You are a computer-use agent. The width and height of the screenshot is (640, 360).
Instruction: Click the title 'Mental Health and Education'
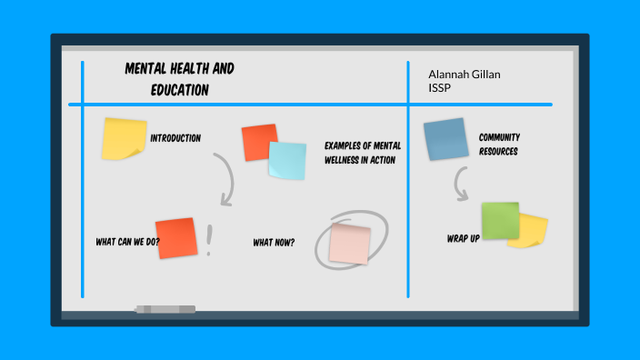coord(179,79)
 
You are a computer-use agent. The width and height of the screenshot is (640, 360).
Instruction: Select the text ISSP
coord(440,87)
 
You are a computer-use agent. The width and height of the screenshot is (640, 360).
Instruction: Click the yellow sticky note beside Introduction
coord(124,138)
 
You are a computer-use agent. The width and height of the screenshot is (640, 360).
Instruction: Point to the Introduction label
coord(175,138)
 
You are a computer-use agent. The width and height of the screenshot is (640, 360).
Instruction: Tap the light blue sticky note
coord(287,160)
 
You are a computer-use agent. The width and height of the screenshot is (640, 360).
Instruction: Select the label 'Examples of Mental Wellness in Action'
coord(363,153)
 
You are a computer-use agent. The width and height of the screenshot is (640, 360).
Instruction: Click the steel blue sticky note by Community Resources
coord(445,139)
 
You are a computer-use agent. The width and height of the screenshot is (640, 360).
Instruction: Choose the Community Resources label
coord(499,145)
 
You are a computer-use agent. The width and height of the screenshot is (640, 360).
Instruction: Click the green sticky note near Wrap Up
coord(500,221)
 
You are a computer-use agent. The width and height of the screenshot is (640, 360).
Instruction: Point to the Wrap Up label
coord(463,238)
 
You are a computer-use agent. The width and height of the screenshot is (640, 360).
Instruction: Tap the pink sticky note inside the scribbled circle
coord(350,243)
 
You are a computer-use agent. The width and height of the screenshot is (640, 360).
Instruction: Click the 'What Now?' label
coord(274,242)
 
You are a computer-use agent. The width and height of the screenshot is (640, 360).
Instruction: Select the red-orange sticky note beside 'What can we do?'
coord(175,238)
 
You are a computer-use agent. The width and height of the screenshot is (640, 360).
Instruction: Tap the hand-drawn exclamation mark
coord(210,241)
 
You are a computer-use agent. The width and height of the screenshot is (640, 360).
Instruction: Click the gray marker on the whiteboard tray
coord(165,310)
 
